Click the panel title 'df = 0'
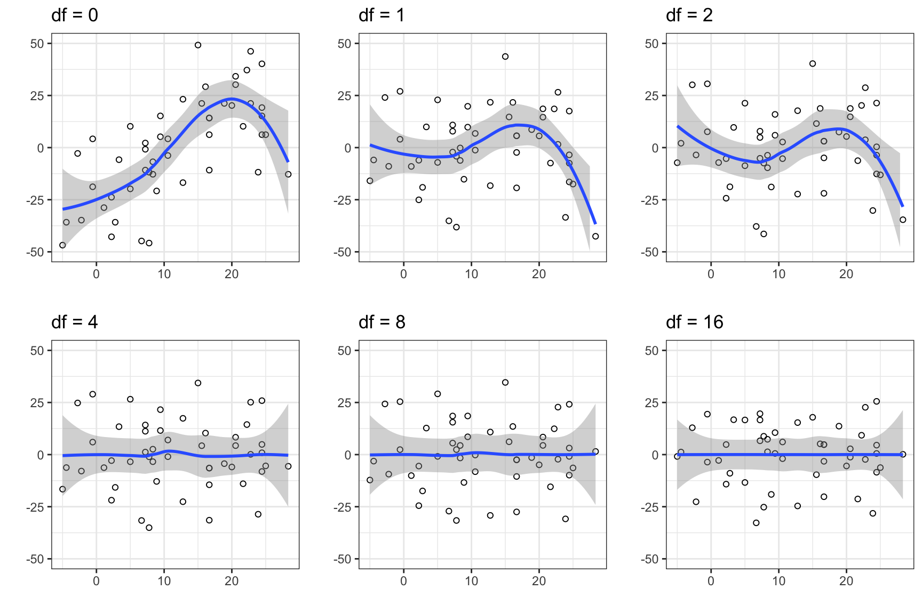click(x=75, y=15)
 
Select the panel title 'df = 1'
click(x=381, y=15)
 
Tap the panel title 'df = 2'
click(x=689, y=15)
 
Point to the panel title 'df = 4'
click(x=75, y=322)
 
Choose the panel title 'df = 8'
click(x=382, y=322)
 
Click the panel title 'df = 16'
click(x=695, y=322)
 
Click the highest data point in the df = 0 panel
click(x=198, y=45)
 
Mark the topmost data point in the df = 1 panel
click(x=505, y=56)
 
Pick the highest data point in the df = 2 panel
click(x=813, y=63)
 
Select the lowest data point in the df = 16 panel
click(x=756, y=523)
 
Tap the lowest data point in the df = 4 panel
click(x=149, y=528)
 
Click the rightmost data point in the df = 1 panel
click(x=595, y=236)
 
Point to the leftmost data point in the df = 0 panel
click(x=62, y=245)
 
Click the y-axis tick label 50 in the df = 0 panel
click(x=37, y=44)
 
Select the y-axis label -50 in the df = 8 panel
click(x=343, y=559)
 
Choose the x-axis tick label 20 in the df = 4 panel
click(x=232, y=581)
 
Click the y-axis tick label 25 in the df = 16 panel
click(x=652, y=402)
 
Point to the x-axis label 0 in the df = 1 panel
click(x=403, y=274)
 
